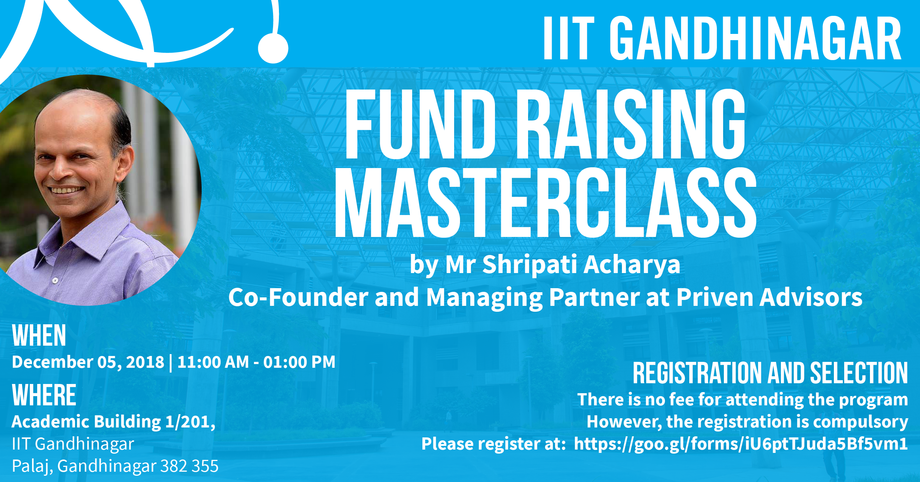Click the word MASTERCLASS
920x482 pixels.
tap(545, 202)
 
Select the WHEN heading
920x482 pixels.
tap(39, 335)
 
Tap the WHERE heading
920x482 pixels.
tap(44, 395)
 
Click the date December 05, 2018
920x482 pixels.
tap(88, 362)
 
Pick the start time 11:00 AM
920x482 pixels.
tap(213, 362)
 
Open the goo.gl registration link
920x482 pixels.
tap(741, 444)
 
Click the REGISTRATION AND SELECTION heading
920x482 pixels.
tap(770, 373)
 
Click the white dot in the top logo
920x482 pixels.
tap(273, 48)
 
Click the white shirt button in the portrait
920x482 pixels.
tap(55, 280)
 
